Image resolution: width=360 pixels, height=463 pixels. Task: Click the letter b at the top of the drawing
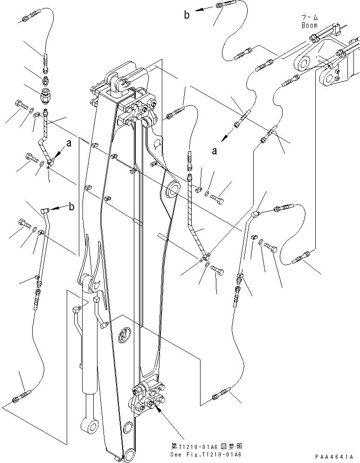(x=187, y=15)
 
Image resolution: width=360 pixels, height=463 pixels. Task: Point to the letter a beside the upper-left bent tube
(x=69, y=145)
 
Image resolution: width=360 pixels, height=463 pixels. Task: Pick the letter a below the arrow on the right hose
(x=215, y=151)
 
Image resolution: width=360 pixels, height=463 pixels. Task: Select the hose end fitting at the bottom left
(x=18, y=397)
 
